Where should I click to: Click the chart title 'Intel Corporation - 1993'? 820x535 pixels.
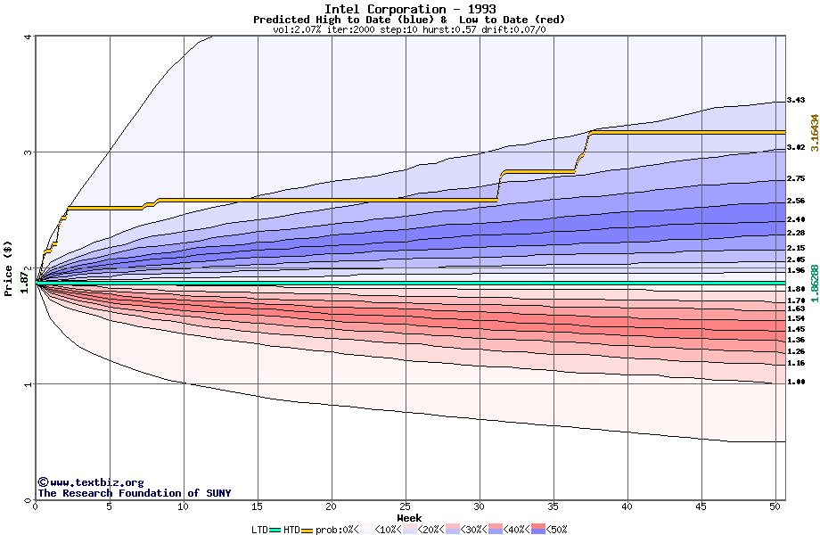tap(411, 9)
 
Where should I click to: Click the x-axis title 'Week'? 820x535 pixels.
tap(409, 517)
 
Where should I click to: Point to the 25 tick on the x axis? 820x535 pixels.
tap(406, 506)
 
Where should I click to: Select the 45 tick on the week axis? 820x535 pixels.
tap(701, 506)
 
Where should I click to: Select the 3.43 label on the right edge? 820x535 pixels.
tap(796, 100)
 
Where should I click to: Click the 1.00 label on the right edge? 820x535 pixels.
tap(796, 382)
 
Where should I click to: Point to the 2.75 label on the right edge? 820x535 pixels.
tap(796, 179)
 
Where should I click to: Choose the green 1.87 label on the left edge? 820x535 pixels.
tap(25, 282)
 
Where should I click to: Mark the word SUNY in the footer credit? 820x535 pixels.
tap(217, 493)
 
